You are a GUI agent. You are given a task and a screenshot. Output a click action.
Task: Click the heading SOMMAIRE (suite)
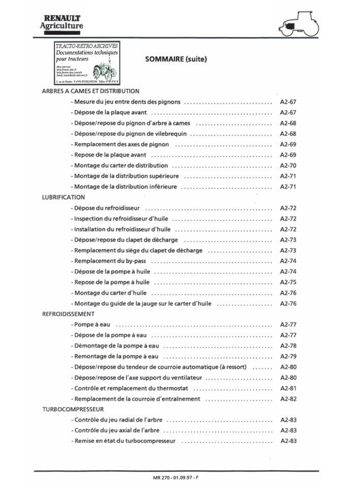click(176, 59)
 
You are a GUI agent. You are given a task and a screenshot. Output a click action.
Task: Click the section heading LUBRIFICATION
click(63, 197)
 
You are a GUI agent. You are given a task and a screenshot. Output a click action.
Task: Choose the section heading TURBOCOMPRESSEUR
click(73, 409)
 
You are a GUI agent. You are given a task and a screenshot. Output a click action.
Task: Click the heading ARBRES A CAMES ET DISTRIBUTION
click(90, 91)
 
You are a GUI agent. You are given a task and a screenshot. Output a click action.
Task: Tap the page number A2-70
click(288, 166)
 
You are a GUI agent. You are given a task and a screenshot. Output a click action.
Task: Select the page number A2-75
click(288, 282)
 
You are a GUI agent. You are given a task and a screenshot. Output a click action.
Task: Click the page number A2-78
click(288, 346)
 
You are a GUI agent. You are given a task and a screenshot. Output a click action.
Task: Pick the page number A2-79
click(288, 356)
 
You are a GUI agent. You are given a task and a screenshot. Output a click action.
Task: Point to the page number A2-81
click(288, 388)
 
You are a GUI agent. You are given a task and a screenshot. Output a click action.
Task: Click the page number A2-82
click(288, 399)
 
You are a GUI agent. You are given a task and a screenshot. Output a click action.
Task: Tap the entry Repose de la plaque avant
click(110, 155)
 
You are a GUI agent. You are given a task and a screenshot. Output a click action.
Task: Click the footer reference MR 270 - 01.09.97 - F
click(176, 478)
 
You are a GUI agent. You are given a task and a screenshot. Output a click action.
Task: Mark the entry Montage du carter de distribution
click(120, 166)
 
